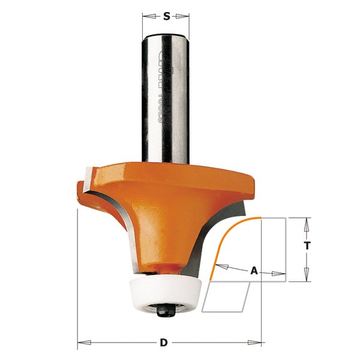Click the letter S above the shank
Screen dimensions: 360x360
pyautogui.click(x=166, y=16)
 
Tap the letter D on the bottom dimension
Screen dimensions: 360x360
pyautogui.click(x=163, y=344)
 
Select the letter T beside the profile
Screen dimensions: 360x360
pyautogui.click(x=307, y=246)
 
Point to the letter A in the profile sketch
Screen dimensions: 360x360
pyautogui.click(x=254, y=271)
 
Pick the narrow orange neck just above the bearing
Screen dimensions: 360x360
pyautogui.click(x=163, y=266)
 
